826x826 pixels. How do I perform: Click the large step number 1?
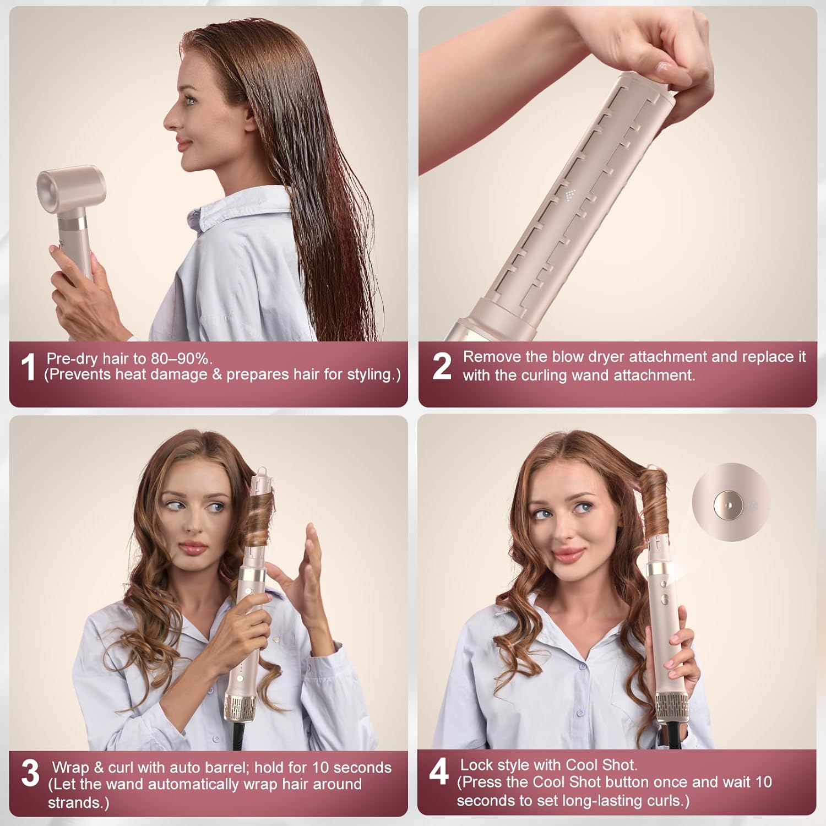pyautogui.click(x=28, y=367)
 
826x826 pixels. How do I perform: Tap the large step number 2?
pyautogui.click(x=442, y=366)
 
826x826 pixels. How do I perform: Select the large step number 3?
pyautogui.click(x=30, y=773)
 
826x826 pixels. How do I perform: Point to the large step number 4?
pyautogui.click(x=439, y=771)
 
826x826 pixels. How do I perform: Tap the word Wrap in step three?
pyautogui.click(x=70, y=767)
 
